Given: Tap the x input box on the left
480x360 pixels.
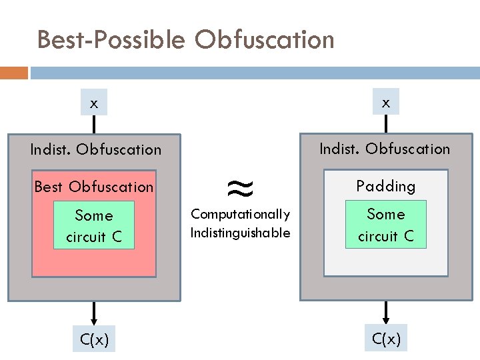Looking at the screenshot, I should (94, 103).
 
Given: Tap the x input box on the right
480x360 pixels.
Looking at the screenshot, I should (385, 101).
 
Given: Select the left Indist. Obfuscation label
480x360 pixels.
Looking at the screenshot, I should (96, 149).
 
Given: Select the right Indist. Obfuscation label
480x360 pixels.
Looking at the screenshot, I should (385, 149).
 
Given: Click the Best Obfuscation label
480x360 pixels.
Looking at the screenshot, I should (94, 187).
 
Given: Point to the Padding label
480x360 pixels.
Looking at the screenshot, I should (385, 186).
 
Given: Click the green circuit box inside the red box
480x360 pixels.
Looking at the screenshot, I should (94, 225).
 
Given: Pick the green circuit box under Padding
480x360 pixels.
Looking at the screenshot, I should (385, 225).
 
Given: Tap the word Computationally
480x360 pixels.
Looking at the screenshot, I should (240, 214).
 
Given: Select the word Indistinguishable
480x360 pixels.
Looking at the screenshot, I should (240, 233).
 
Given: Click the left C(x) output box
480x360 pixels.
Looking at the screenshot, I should (94, 339).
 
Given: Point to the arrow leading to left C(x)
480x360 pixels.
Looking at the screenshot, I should (94, 312).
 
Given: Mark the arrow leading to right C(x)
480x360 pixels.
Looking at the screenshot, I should (386, 312).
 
